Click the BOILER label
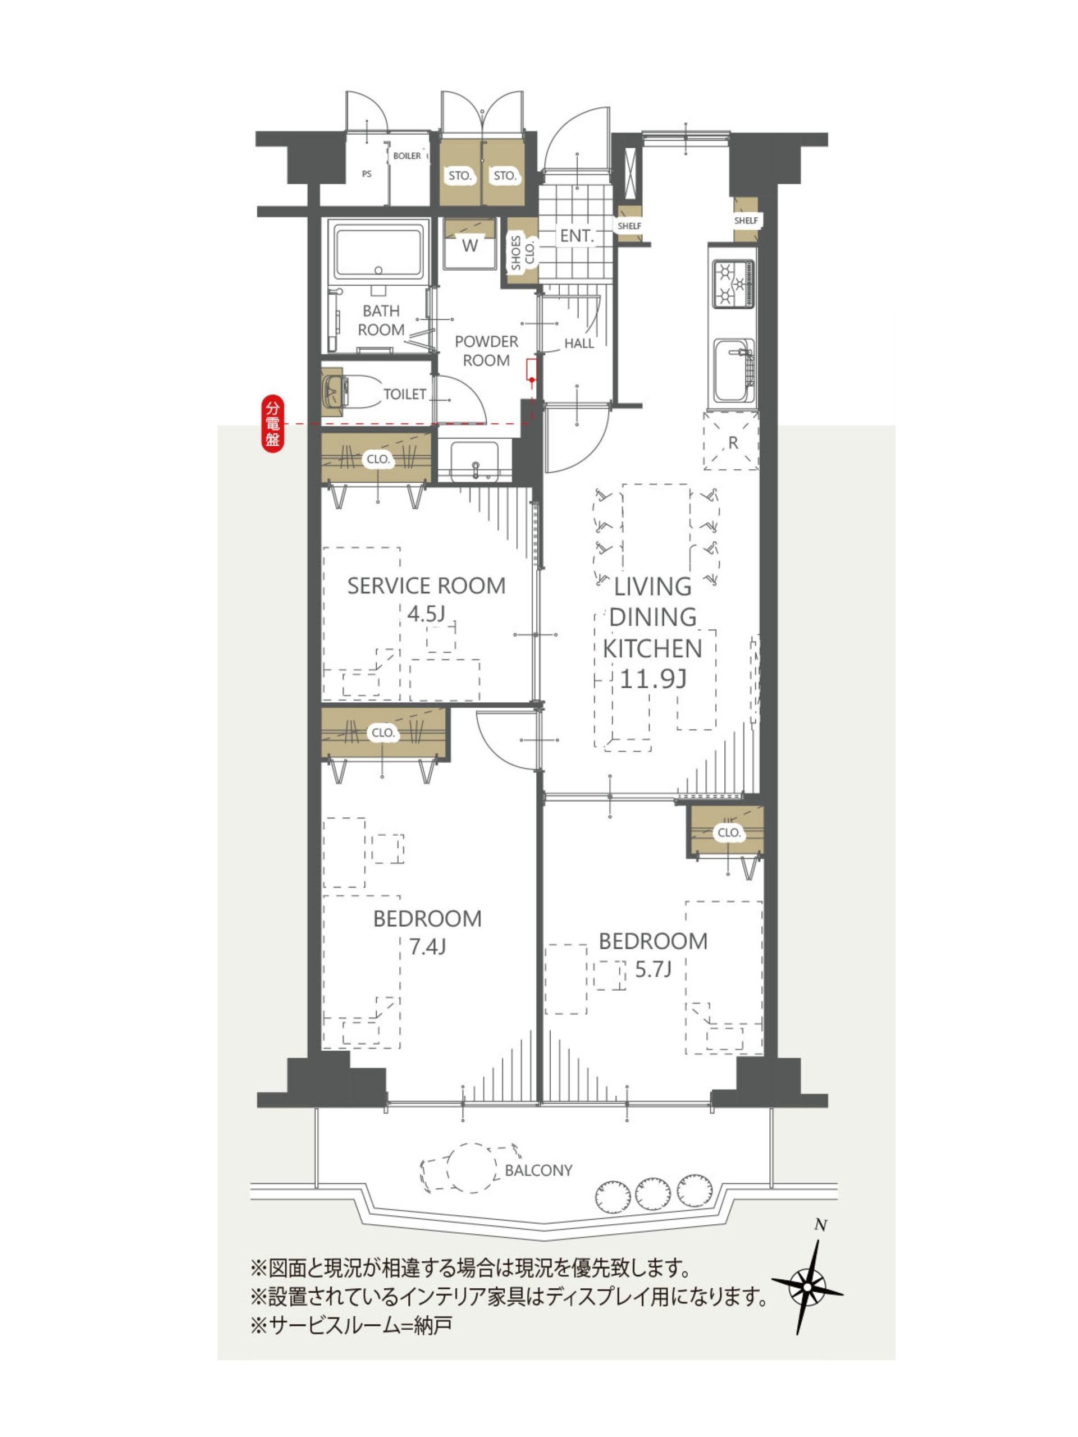coord(406,156)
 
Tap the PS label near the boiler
coord(367,174)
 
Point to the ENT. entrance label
coord(577,236)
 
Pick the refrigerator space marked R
coord(731,441)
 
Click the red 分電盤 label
coord(273,424)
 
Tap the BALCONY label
coord(538,1170)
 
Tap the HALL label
coord(578,343)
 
